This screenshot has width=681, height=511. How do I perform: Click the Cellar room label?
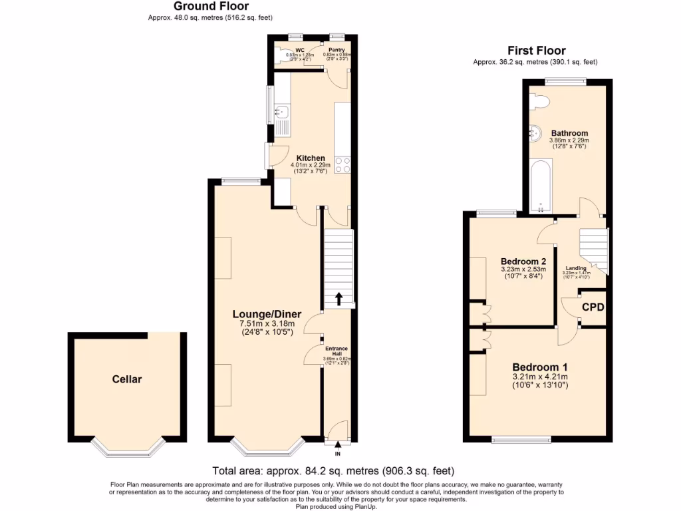click(x=126, y=379)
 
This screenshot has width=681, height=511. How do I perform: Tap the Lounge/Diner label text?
click(x=267, y=314)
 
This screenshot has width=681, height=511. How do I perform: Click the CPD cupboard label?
click(x=593, y=307)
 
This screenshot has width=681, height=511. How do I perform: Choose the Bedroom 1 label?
click(x=539, y=367)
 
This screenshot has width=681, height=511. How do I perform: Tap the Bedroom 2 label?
click(x=523, y=261)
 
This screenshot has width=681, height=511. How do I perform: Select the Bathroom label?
click(x=569, y=133)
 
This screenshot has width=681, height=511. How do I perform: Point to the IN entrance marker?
click(x=337, y=454)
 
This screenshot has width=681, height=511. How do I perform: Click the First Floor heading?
click(x=536, y=51)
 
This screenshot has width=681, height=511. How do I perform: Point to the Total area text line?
click(x=333, y=470)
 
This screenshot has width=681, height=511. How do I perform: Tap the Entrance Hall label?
click(x=336, y=351)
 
